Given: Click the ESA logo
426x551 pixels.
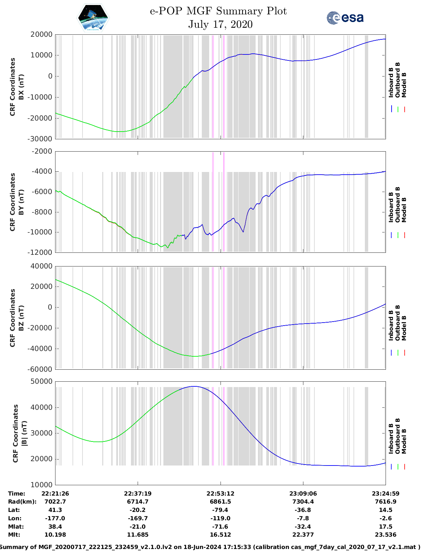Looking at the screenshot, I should tap(345, 18).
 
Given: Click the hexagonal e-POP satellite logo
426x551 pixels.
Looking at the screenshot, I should tap(93, 18).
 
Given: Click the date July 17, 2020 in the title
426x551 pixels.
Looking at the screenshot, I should tap(220, 24).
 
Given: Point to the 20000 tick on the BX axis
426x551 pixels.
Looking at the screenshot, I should tap(41, 34).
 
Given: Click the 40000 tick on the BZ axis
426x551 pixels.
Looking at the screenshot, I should tap(41, 266).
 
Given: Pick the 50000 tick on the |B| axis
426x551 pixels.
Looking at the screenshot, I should tap(41, 381).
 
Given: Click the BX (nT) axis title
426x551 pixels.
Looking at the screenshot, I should tap(21, 87).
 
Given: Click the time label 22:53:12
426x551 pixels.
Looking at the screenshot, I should tap(220, 494).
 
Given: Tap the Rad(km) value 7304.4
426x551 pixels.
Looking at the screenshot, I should tap(303, 502).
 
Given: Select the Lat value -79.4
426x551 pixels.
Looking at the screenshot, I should tap(220, 510).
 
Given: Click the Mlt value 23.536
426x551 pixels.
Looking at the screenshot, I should tap(386, 535).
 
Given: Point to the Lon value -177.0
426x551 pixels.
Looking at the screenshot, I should tap(55, 518).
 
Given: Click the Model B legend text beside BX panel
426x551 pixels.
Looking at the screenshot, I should tap(404, 85).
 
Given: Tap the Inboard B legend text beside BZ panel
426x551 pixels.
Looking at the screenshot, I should tap(391, 326).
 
